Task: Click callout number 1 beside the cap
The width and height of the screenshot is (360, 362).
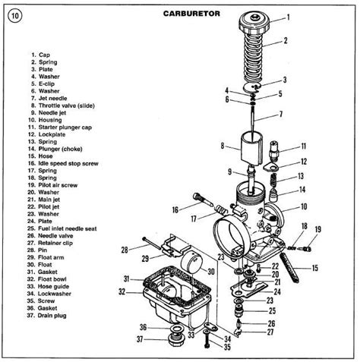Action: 288,16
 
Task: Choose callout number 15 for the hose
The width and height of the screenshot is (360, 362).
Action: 314,268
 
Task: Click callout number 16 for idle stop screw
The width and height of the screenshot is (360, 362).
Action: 175,209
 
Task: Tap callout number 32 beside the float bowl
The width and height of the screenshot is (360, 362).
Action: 122,291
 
